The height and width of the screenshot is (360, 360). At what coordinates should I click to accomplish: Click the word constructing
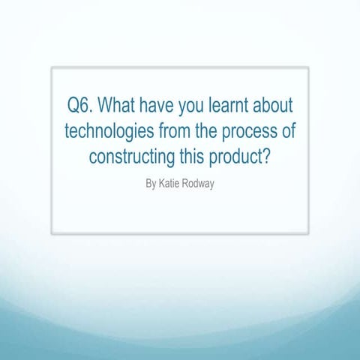(134, 157)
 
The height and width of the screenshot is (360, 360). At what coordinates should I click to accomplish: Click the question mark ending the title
(272, 157)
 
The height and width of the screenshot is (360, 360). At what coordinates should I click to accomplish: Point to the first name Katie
(169, 182)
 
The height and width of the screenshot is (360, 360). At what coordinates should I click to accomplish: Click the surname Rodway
(199, 183)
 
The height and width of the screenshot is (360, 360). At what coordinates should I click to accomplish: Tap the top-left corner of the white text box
(52, 67)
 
